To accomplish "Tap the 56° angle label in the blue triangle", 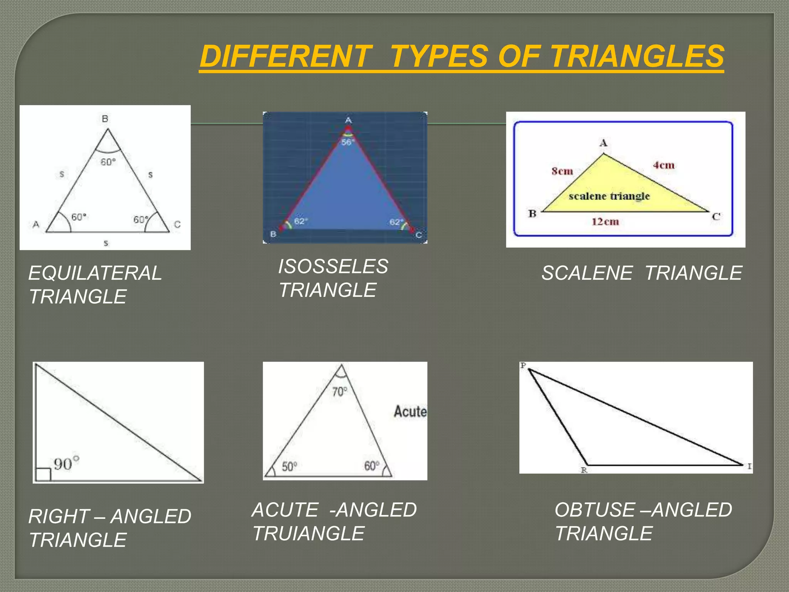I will click(x=347, y=142).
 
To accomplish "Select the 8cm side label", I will click(x=562, y=171).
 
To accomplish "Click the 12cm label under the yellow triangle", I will click(x=605, y=222).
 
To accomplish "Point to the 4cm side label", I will click(x=663, y=165).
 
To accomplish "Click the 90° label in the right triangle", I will click(x=66, y=463).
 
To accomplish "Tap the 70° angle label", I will click(x=339, y=392).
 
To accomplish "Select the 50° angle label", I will click(x=289, y=467).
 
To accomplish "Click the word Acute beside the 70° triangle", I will click(x=410, y=412).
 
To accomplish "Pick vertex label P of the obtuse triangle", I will click(x=523, y=365).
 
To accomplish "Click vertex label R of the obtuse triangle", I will click(x=584, y=470).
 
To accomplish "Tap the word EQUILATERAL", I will click(x=95, y=273).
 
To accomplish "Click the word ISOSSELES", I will click(x=333, y=267).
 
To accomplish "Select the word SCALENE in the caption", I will click(x=587, y=273).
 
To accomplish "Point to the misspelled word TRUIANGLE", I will click(x=308, y=534).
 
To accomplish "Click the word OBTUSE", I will click(x=594, y=510).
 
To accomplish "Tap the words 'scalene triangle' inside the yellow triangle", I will click(x=609, y=196).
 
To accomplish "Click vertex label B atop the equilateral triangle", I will click(x=105, y=119).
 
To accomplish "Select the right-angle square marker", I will click(x=43, y=474).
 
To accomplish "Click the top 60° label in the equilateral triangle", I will click(x=108, y=162).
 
